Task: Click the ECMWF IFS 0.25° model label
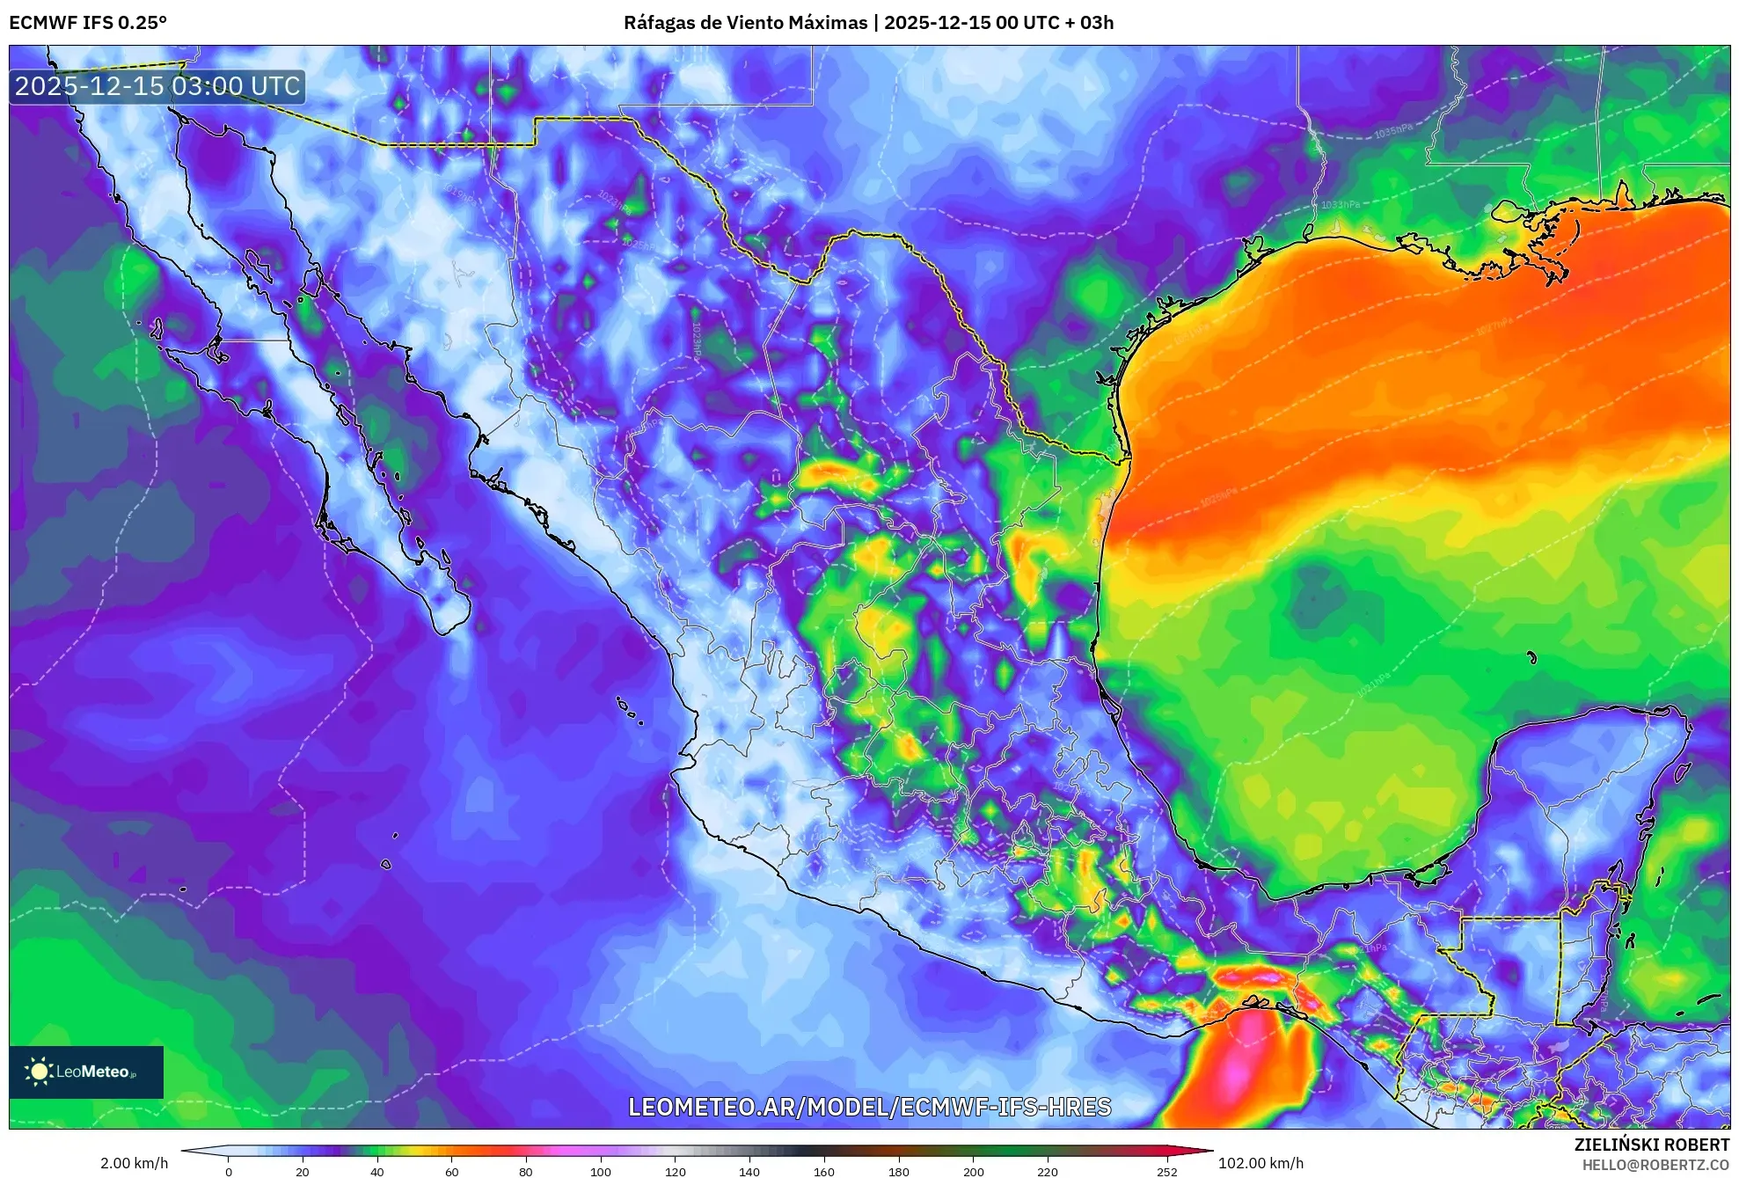point(88,23)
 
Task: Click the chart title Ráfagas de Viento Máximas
point(745,23)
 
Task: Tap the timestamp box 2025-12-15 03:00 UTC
point(157,86)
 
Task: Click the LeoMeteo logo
point(86,1072)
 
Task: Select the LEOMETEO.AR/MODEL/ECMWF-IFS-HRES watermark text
point(869,1107)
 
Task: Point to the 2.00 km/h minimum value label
point(134,1163)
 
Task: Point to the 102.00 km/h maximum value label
point(1260,1163)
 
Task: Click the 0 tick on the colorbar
point(229,1171)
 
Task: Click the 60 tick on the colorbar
point(451,1171)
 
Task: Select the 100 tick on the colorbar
point(600,1171)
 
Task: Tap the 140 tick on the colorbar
point(749,1171)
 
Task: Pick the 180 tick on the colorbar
point(898,1171)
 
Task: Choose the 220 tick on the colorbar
point(1047,1171)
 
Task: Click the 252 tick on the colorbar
point(1166,1171)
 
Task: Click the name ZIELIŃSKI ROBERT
point(1651,1145)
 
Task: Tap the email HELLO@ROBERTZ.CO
point(1655,1165)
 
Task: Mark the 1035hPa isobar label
point(1393,132)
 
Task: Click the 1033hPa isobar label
point(1340,204)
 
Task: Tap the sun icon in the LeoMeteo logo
point(39,1072)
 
